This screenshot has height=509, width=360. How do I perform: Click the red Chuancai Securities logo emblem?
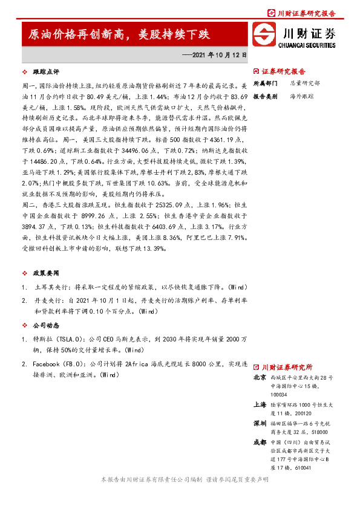click(265, 35)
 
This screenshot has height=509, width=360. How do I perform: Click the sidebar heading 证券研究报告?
click(283, 71)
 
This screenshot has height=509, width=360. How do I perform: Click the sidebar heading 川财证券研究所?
click(287, 366)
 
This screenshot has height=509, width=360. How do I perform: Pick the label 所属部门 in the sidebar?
click(265, 83)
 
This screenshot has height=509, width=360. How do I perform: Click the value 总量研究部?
click(305, 83)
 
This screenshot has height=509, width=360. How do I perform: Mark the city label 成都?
click(260, 443)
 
